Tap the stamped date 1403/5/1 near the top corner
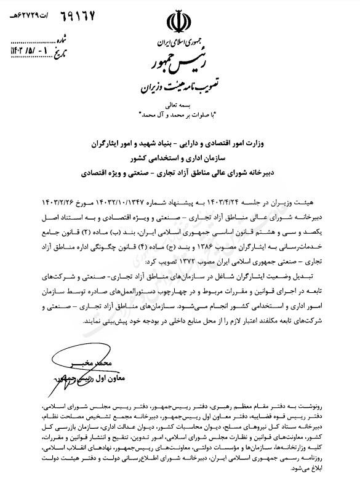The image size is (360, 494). [25, 46]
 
